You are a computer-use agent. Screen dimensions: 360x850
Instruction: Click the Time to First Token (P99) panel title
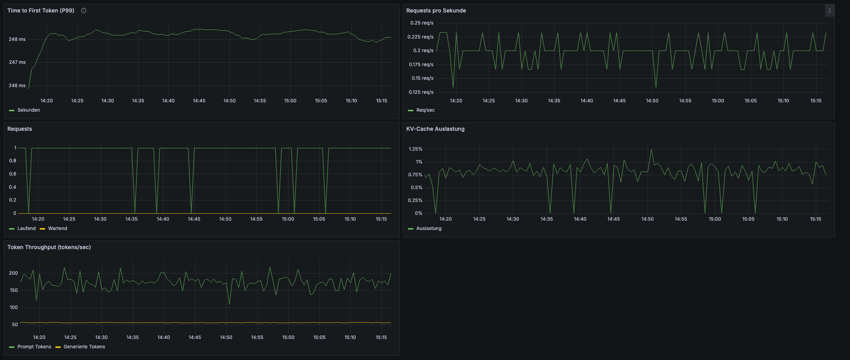click(41, 11)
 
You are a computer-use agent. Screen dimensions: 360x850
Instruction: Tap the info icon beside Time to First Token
click(84, 11)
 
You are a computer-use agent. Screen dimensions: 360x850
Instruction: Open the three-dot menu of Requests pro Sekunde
click(829, 11)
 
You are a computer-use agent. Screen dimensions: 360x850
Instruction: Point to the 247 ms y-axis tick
click(17, 62)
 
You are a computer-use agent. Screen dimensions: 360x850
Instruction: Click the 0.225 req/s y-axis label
click(420, 37)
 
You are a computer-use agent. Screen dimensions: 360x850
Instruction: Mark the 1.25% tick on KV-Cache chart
click(415, 149)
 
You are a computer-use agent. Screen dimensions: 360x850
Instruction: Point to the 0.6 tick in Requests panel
click(13, 174)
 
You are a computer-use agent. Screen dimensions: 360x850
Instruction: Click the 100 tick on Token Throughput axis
click(14, 307)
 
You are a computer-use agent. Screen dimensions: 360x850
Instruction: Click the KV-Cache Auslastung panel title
click(435, 129)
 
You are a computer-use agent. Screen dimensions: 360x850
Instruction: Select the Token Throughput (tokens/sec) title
click(49, 247)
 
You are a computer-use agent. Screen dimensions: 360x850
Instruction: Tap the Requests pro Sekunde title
click(436, 11)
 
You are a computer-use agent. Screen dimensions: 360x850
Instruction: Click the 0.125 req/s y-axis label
click(421, 92)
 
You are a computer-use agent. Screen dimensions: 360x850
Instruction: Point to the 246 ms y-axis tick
click(17, 86)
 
